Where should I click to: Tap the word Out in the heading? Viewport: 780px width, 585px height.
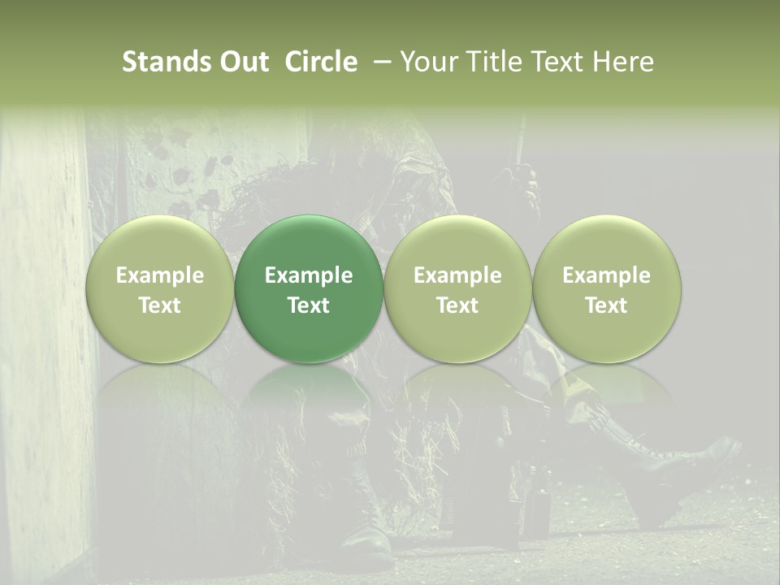click(242, 62)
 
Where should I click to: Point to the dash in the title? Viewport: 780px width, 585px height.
click(379, 63)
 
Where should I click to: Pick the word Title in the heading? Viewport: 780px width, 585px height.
click(490, 62)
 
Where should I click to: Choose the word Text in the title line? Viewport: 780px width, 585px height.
click(557, 62)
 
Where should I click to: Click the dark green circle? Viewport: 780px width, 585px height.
click(309, 288)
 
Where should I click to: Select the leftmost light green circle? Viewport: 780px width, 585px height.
click(160, 288)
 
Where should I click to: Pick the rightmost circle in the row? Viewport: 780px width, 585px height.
click(607, 288)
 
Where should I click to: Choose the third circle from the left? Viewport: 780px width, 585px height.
click(457, 288)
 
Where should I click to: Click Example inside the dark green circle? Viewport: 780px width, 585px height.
click(309, 275)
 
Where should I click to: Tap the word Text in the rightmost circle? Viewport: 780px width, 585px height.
click(607, 305)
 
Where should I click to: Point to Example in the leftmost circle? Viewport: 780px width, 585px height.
click(160, 275)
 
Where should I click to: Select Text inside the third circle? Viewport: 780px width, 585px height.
click(457, 305)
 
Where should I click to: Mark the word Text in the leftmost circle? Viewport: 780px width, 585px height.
click(160, 305)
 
